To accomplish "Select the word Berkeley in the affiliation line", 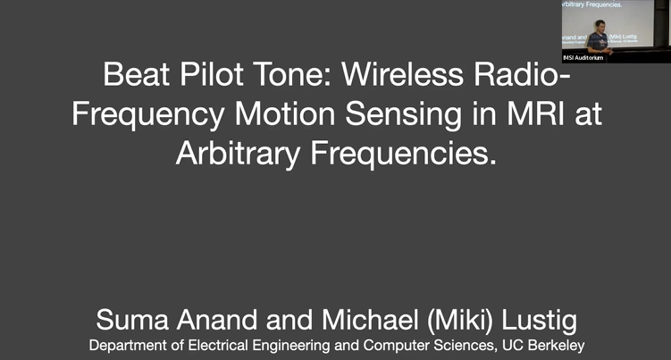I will click(554, 345).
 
